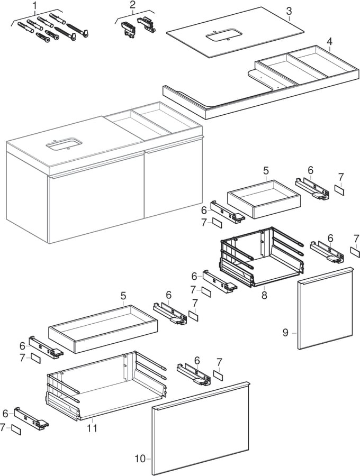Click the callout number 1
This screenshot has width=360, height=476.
coord(35,6)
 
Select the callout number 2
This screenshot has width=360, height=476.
coord(132,5)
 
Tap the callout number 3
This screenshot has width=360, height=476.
coord(289,11)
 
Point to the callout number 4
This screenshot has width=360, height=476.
coord(329,41)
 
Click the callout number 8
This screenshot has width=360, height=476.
coord(264,295)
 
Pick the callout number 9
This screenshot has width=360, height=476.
coord(285,333)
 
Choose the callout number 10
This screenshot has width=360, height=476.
coord(140,459)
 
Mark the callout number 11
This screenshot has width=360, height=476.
coord(92,428)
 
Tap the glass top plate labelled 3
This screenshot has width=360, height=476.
coord(233,32)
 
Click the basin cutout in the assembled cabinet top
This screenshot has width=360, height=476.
coord(64,143)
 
